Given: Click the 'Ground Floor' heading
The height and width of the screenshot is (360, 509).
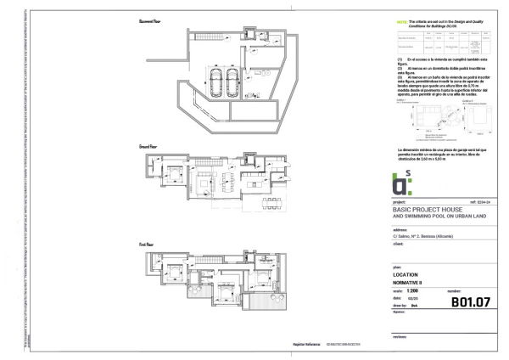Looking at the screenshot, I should (150, 147).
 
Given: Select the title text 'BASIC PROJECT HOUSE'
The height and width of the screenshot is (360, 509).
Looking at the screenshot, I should (428, 210).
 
